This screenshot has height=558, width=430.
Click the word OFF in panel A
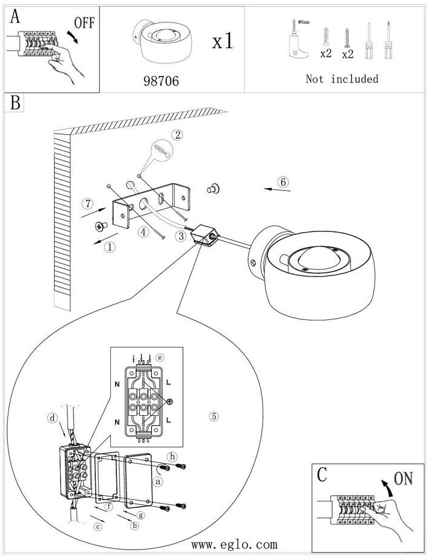coord(84,23)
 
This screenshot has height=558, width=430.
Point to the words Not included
coord(341,79)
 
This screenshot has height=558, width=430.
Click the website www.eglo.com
coord(234,545)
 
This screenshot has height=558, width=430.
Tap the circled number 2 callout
coord(177,135)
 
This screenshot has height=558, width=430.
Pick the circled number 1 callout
coord(109,246)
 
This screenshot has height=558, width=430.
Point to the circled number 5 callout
coord(213,416)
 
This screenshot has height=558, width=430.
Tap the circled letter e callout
coord(160,357)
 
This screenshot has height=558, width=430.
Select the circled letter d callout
coord(53,417)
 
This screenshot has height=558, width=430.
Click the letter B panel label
coord(14,102)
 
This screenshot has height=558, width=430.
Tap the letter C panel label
coord(322,474)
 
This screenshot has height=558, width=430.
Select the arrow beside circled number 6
coord(278,190)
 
